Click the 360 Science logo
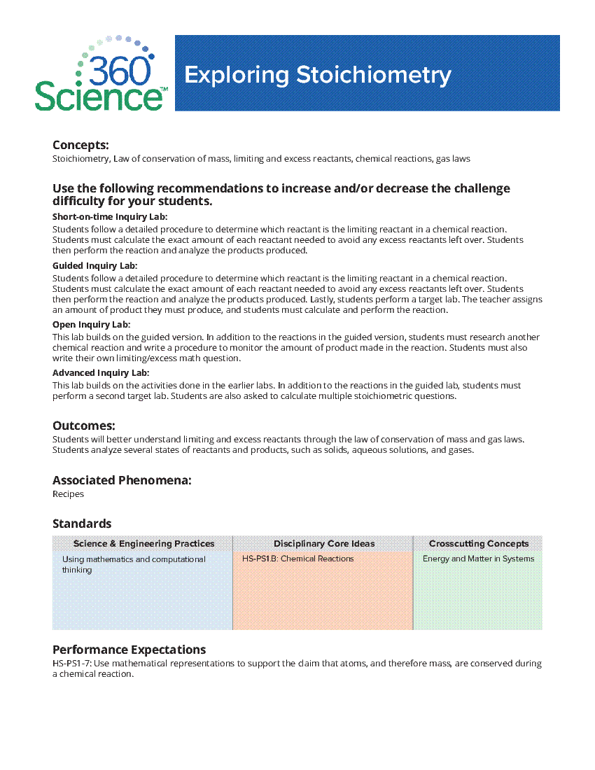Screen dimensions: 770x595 point(100,74)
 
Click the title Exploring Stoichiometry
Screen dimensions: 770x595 point(317,75)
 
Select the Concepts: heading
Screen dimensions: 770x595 point(80,145)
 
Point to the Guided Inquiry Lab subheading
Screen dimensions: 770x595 point(94,266)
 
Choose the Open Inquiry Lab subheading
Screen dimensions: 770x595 point(91,325)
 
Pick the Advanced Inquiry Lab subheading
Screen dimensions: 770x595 point(100,373)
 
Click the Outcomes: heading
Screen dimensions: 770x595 point(83,426)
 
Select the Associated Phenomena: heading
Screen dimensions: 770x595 point(122,480)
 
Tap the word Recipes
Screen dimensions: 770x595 point(68,494)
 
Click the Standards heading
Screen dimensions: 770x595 point(82,524)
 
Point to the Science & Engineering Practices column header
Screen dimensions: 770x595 point(143,544)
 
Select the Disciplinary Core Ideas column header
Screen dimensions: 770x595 point(323,544)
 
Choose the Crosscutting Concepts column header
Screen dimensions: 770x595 point(479,544)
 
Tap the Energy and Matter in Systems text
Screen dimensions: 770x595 point(478,559)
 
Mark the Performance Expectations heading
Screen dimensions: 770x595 point(129,650)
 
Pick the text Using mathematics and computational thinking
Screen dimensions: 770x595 point(134,564)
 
